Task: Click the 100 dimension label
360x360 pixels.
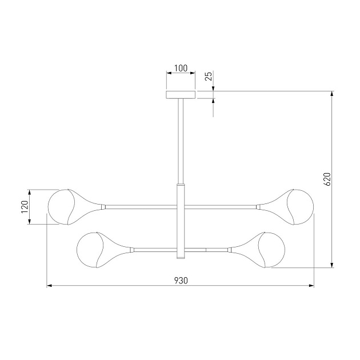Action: (181, 68)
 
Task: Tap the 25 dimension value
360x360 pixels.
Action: (209, 76)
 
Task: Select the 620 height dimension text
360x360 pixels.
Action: (327, 179)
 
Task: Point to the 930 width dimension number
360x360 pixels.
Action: (181, 281)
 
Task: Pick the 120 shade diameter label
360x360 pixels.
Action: (25, 207)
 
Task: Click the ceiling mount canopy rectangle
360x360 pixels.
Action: (181, 95)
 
